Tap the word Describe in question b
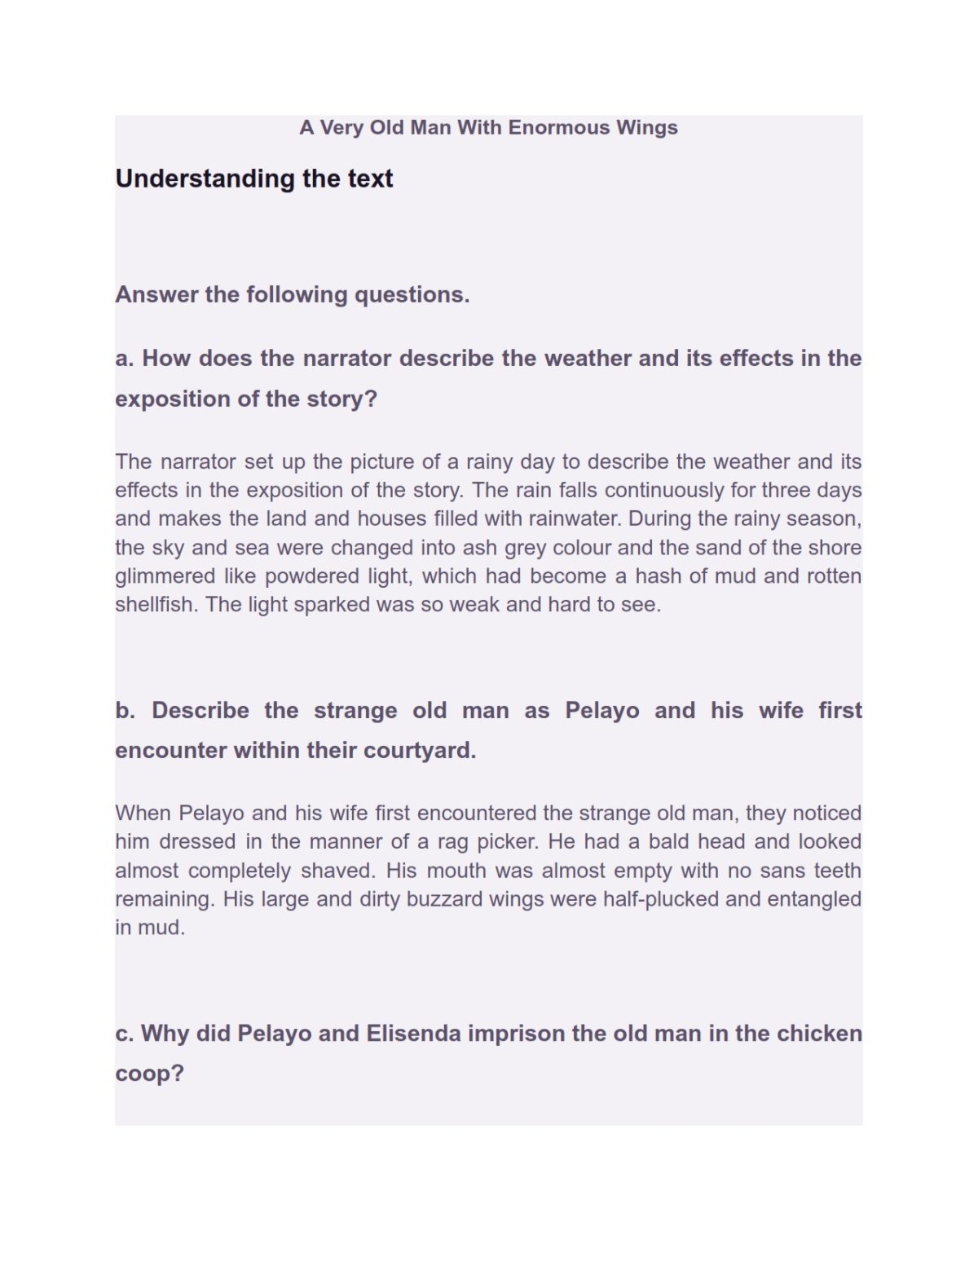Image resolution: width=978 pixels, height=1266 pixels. click(200, 710)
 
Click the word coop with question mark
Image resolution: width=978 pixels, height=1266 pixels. click(149, 1074)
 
